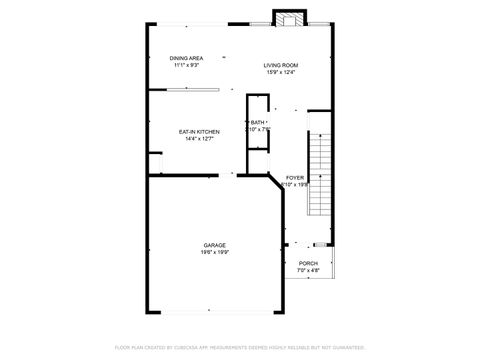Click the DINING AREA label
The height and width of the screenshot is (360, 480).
click(187, 58)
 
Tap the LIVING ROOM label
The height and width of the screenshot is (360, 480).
click(281, 65)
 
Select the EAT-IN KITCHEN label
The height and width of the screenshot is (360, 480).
click(199, 132)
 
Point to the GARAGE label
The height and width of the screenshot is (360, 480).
click(215, 245)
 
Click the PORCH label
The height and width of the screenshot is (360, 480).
click(308, 264)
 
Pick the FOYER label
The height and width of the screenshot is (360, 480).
click(295, 177)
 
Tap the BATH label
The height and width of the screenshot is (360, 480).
click(258, 122)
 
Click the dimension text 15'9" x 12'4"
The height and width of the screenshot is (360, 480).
click(281, 72)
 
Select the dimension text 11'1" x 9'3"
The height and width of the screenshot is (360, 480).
click(187, 65)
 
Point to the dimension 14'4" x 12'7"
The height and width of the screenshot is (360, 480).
click(199, 139)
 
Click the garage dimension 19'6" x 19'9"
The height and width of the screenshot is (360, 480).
click(215, 252)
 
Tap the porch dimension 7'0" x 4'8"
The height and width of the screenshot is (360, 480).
click(308, 271)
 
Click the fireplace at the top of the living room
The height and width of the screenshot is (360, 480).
click(289, 17)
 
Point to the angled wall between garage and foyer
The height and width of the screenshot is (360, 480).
click(276, 183)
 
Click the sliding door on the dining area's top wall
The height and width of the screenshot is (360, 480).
click(194, 22)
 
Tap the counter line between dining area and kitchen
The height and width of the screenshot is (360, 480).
click(193, 90)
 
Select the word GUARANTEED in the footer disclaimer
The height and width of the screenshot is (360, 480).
click(345, 347)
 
